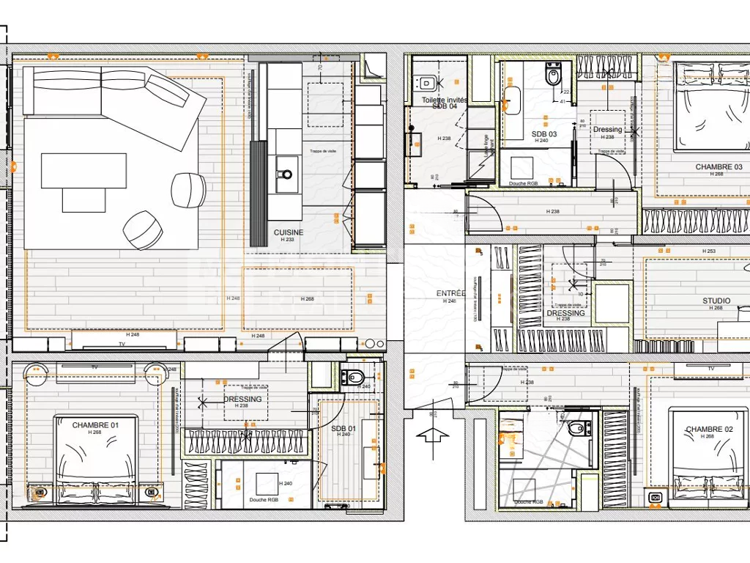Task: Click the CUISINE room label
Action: [289, 232]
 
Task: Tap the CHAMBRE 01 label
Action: [95, 425]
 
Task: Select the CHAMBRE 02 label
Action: [709, 430]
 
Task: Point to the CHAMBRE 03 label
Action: [719, 167]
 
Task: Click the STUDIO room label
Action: [716, 301]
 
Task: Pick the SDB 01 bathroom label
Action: [343, 428]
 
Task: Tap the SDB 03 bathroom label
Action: [544, 134]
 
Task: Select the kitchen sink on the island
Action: [285, 174]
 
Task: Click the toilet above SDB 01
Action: [354, 378]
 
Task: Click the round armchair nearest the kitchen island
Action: [188, 190]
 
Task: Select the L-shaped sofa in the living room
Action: [110, 99]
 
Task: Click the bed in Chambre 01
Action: [95, 462]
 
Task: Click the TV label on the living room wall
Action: [112, 344]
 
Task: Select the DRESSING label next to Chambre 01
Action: [242, 400]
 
